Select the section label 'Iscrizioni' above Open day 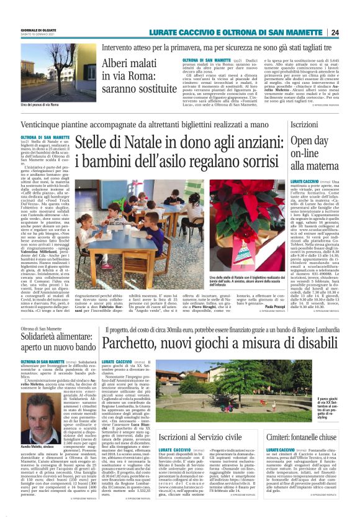click(x=304, y=125)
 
